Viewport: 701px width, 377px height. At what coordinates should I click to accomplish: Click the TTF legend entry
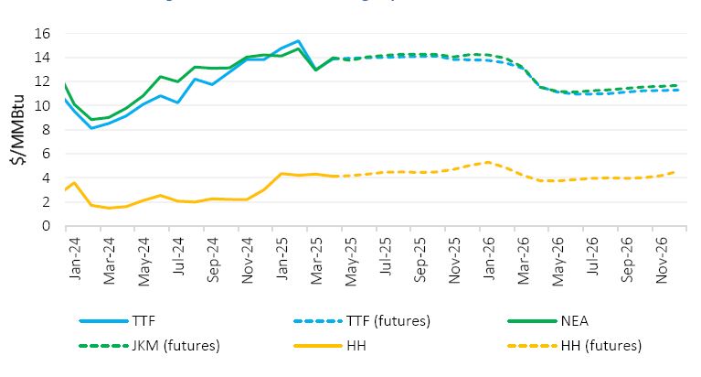146,321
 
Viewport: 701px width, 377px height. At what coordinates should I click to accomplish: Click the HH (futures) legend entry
602,346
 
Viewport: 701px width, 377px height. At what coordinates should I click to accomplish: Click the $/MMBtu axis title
17,130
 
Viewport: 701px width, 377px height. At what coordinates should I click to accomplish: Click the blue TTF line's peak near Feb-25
298,41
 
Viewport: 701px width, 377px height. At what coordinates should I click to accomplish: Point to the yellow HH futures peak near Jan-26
489,162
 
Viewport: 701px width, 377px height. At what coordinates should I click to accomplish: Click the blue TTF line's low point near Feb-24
90,128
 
